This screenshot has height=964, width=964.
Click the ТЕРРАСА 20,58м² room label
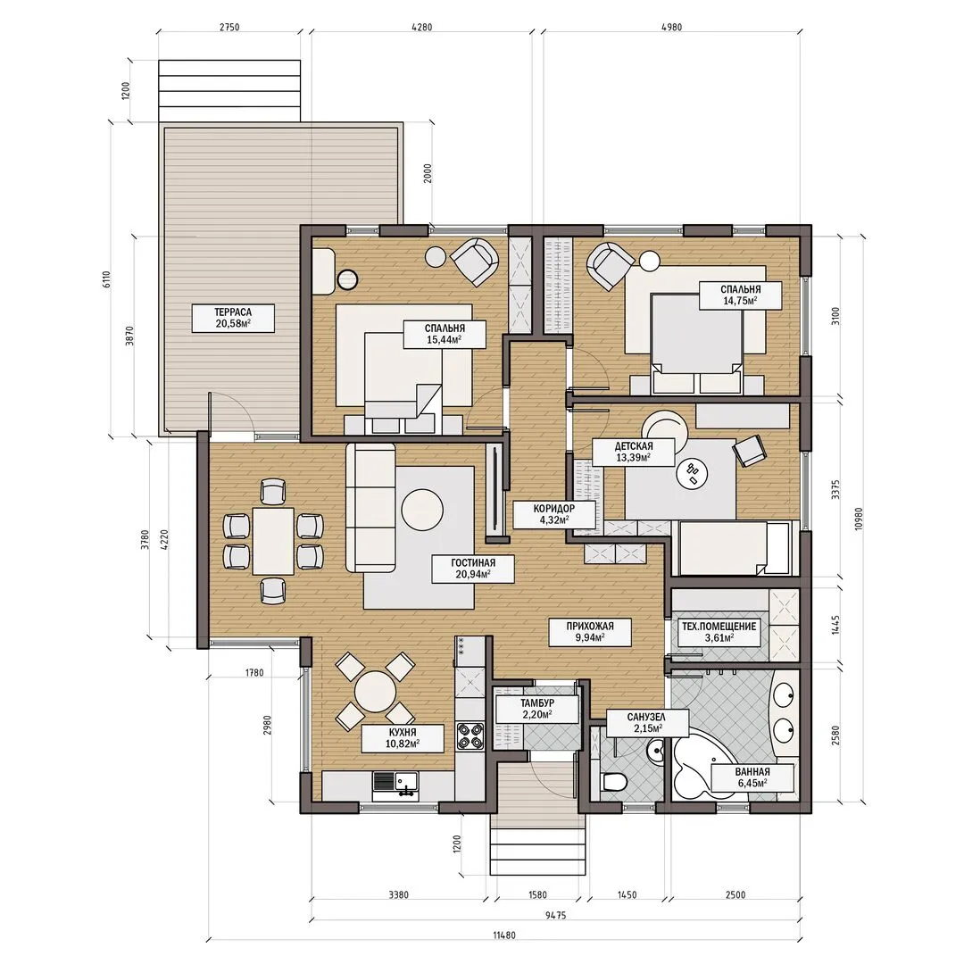coord(233,318)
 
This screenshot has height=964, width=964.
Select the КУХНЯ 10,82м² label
coord(403,738)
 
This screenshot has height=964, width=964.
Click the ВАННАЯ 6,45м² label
coord(752,777)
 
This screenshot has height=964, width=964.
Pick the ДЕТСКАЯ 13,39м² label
coord(633,452)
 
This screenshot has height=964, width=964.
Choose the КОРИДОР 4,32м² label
coord(554,514)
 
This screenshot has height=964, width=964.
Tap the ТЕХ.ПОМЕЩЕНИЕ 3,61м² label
coord(719,632)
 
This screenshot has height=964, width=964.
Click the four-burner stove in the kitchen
coord(470,735)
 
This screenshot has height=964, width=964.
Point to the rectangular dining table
coord(274,540)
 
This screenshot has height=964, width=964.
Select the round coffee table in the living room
coord(422,510)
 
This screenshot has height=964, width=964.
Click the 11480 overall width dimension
coord(504,935)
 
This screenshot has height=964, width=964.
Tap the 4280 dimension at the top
coord(420,27)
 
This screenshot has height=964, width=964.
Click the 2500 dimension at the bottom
coord(735,894)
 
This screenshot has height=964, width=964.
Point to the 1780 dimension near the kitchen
coord(253,673)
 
